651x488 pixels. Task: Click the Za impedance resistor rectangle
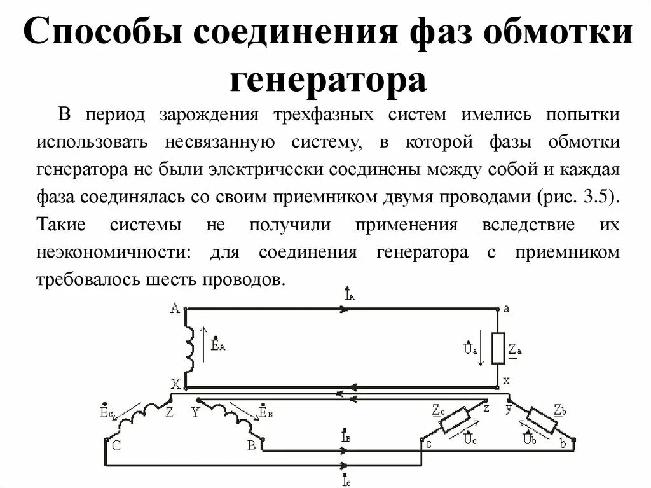point(498,348)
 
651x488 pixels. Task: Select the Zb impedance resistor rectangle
point(542,422)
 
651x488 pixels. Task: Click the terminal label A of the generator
point(175,309)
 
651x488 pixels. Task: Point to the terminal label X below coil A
point(175,384)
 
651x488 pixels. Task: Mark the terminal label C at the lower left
point(116,445)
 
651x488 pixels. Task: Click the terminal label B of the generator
point(252,445)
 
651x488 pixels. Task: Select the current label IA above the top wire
point(349,295)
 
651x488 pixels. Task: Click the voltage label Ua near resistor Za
point(469,349)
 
